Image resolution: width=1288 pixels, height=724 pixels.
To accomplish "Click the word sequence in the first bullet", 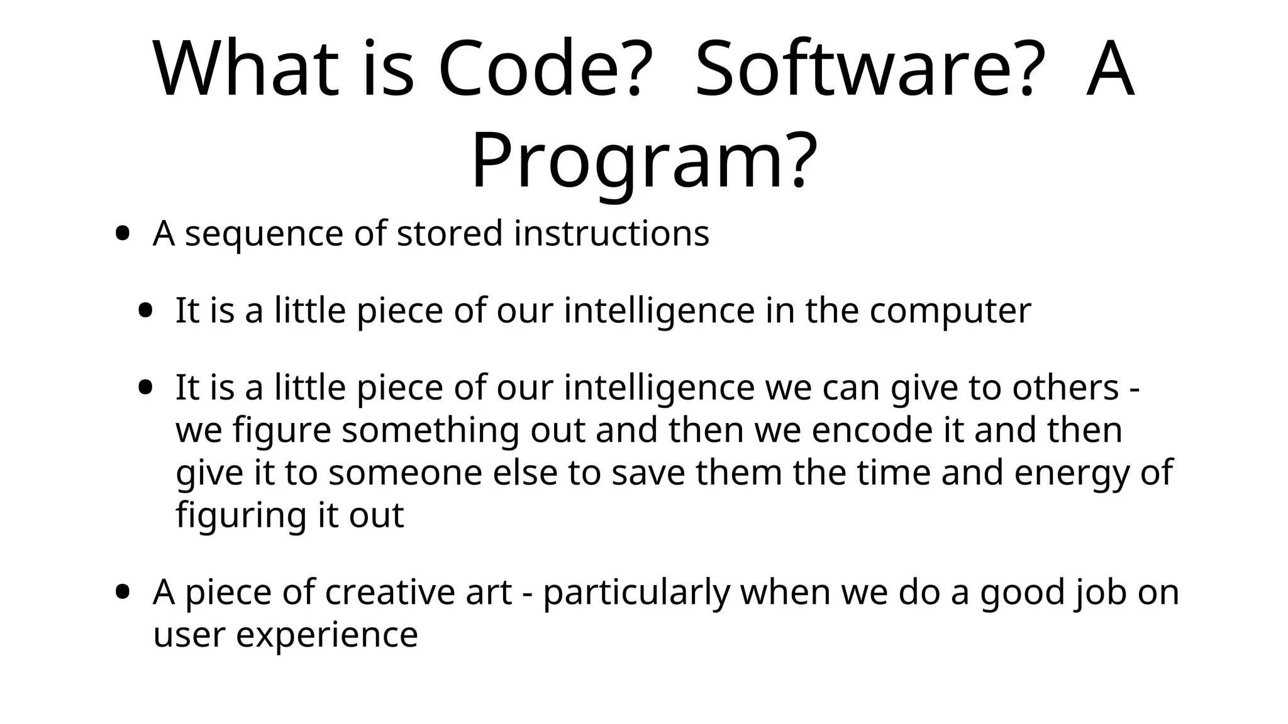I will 264,234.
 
